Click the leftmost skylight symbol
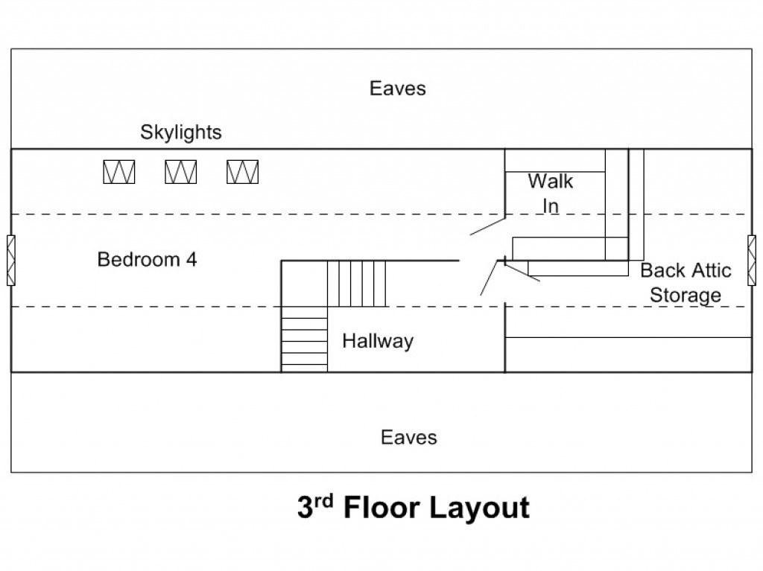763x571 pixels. (x=119, y=172)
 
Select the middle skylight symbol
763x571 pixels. (x=181, y=172)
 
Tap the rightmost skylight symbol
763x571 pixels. (x=243, y=172)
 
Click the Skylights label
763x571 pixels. (x=181, y=133)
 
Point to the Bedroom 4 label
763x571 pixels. (x=147, y=259)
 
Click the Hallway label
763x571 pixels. (x=378, y=341)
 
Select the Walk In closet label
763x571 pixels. (x=551, y=194)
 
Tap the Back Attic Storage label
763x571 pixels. (x=686, y=283)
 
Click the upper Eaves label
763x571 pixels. (x=398, y=89)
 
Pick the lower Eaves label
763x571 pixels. (x=409, y=437)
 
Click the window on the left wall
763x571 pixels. (x=11, y=261)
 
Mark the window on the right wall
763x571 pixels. (x=752, y=261)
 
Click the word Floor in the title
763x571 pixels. (x=381, y=508)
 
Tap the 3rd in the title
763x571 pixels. (x=315, y=507)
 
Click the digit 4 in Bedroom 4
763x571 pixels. (x=191, y=259)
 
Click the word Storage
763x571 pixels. (x=686, y=296)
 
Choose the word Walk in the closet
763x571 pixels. (x=551, y=182)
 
